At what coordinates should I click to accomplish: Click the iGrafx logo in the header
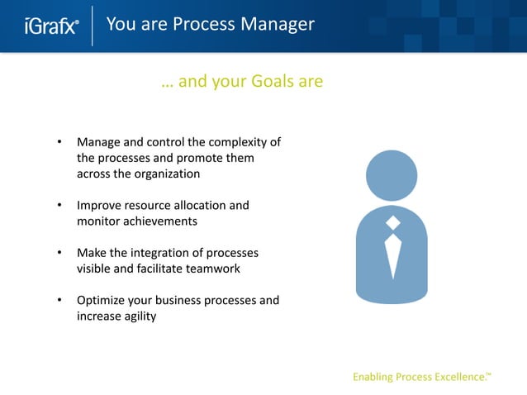click(51, 26)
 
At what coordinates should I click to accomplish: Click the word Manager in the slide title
click(278, 24)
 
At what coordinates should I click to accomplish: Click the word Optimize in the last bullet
click(102, 300)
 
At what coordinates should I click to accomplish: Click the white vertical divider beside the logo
click(92, 26)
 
